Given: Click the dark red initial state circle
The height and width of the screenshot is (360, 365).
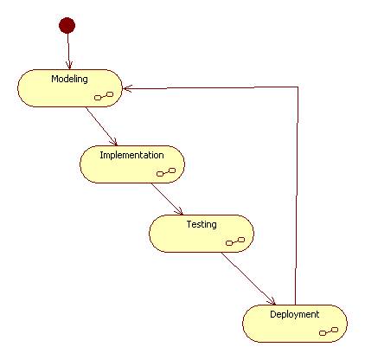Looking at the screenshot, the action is [x=67, y=25].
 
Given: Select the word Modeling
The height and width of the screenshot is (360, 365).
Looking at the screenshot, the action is [x=69, y=79].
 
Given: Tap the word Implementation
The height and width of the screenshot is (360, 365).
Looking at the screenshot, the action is [x=131, y=155].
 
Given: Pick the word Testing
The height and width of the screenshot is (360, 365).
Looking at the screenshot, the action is [x=202, y=224].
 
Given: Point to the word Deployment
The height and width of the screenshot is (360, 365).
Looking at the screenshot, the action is [x=294, y=314].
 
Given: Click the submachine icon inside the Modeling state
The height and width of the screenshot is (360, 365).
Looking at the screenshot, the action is [x=104, y=96].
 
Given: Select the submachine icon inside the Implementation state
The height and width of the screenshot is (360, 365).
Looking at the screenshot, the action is [x=166, y=172].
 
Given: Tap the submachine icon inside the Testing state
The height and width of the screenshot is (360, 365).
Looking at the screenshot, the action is [x=235, y=241].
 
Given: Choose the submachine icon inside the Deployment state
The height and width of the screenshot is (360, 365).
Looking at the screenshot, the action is [x=329, y=331].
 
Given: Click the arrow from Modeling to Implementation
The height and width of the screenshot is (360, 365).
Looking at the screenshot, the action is [x=101, y=126].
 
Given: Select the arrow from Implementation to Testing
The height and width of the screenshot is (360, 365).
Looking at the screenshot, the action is [x=167, y=199].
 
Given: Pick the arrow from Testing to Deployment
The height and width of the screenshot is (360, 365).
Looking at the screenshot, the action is [x=248, y=279].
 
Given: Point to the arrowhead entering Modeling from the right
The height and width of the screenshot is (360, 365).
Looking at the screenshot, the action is [x=127, y=88].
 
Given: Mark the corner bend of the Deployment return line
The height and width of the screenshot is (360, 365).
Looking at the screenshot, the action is [x=298, y=87].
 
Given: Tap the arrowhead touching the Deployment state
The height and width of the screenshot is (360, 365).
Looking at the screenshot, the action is [x=272, y=301].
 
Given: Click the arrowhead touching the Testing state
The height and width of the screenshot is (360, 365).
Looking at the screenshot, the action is [x=180, y=211].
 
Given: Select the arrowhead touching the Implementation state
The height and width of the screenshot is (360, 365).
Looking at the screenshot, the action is [x=114, y=142].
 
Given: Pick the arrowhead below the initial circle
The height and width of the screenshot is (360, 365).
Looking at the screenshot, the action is [x=69, y=66].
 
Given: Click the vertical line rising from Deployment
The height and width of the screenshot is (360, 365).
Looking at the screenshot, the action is [x=297, y=196].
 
